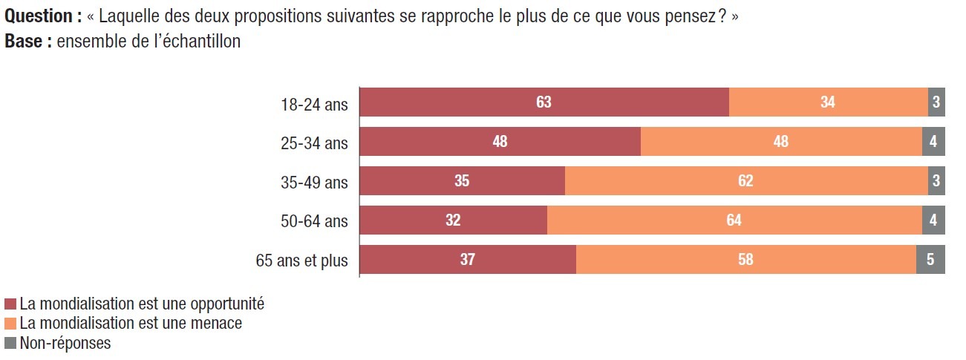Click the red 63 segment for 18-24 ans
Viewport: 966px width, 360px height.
[544, 102]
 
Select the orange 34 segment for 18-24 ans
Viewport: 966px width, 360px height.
[828, 102]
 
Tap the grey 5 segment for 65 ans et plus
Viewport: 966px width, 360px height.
[930, 260]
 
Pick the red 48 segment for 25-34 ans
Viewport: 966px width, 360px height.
[500, 142]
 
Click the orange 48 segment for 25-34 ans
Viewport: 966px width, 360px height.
[780, 142]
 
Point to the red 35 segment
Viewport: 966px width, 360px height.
[462, 181]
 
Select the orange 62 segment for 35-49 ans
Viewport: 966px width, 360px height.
[745, 181]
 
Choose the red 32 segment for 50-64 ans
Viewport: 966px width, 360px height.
[453, 220]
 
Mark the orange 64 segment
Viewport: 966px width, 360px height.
[734, 220]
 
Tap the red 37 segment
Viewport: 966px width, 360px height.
[467, 260]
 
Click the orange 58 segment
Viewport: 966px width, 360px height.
[745, 260]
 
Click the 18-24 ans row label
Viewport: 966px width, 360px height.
[315, 103]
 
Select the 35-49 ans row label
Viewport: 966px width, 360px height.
[315, 182]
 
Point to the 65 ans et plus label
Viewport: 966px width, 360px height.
[301, 261]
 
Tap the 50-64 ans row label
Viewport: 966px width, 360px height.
[315, 221]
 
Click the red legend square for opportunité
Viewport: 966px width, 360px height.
[10, 304]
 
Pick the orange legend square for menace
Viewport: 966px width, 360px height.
[10, 324]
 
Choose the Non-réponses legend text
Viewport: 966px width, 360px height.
[65, 343]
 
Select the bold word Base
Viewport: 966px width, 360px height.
[24, 42]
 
